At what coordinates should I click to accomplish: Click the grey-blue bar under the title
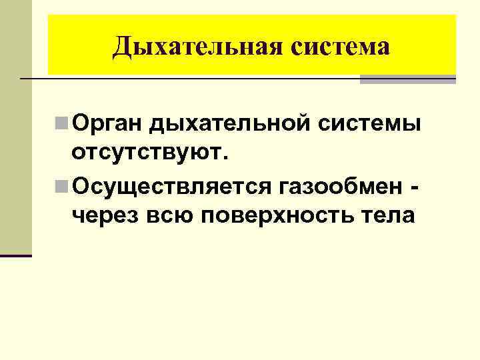[x=407, y=79]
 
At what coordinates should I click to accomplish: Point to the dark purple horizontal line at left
[x=15, y=255]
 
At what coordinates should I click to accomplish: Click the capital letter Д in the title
[x=122, y=47]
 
